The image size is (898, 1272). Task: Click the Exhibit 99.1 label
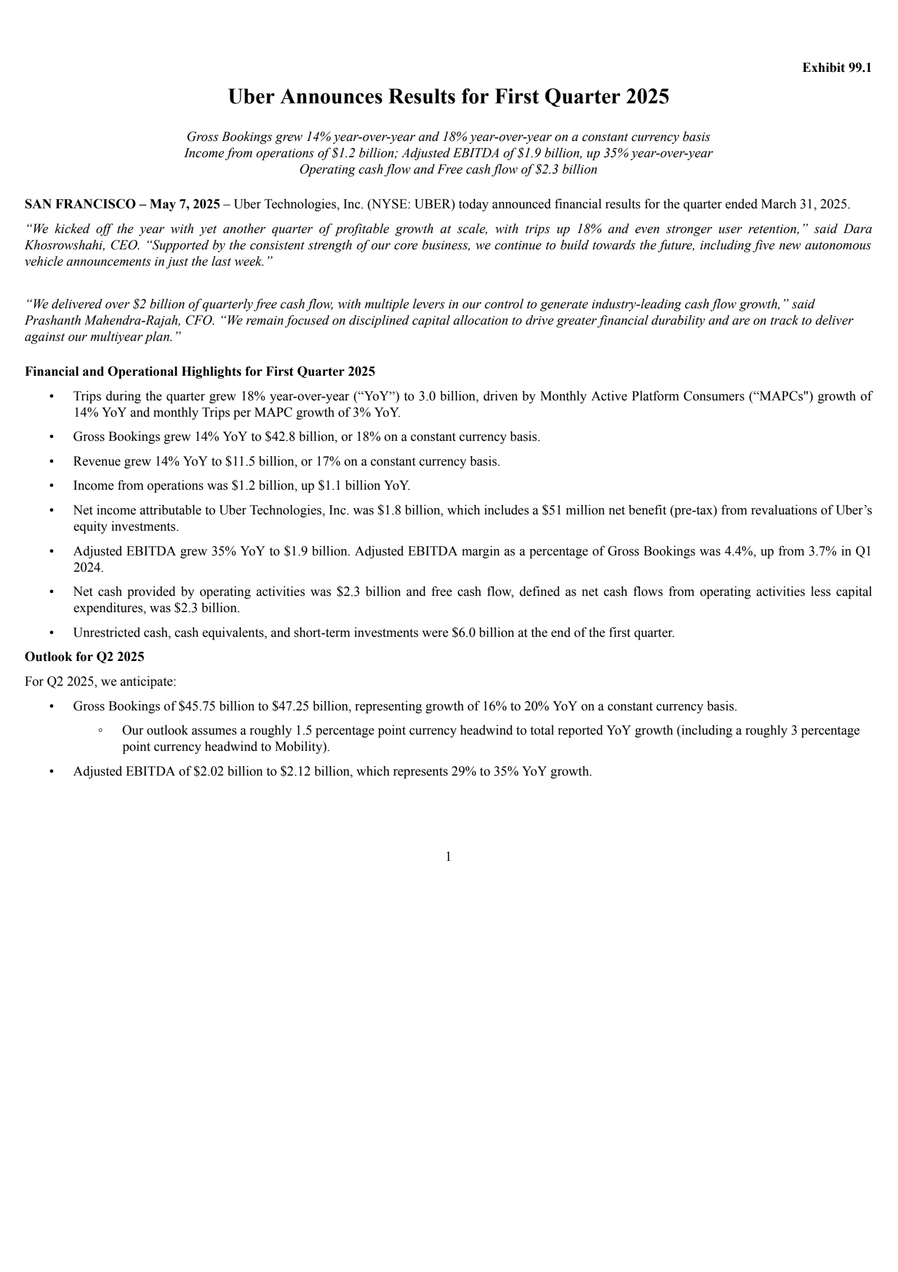[x=836, y=68]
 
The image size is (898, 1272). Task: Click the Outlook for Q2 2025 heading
[x=84, y=656]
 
